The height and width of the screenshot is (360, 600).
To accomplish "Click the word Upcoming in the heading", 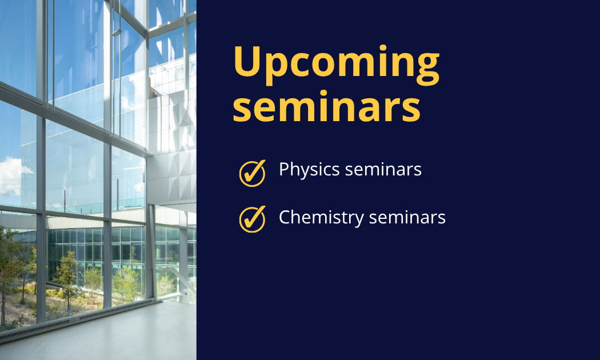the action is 337,65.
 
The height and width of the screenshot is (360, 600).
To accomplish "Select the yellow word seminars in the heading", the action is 327,107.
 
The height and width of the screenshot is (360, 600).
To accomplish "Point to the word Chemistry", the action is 321,218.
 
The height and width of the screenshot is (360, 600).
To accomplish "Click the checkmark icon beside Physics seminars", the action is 252,173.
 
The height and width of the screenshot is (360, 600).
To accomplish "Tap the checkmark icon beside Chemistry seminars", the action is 252,219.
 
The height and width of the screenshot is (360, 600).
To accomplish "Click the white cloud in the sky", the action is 11,177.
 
